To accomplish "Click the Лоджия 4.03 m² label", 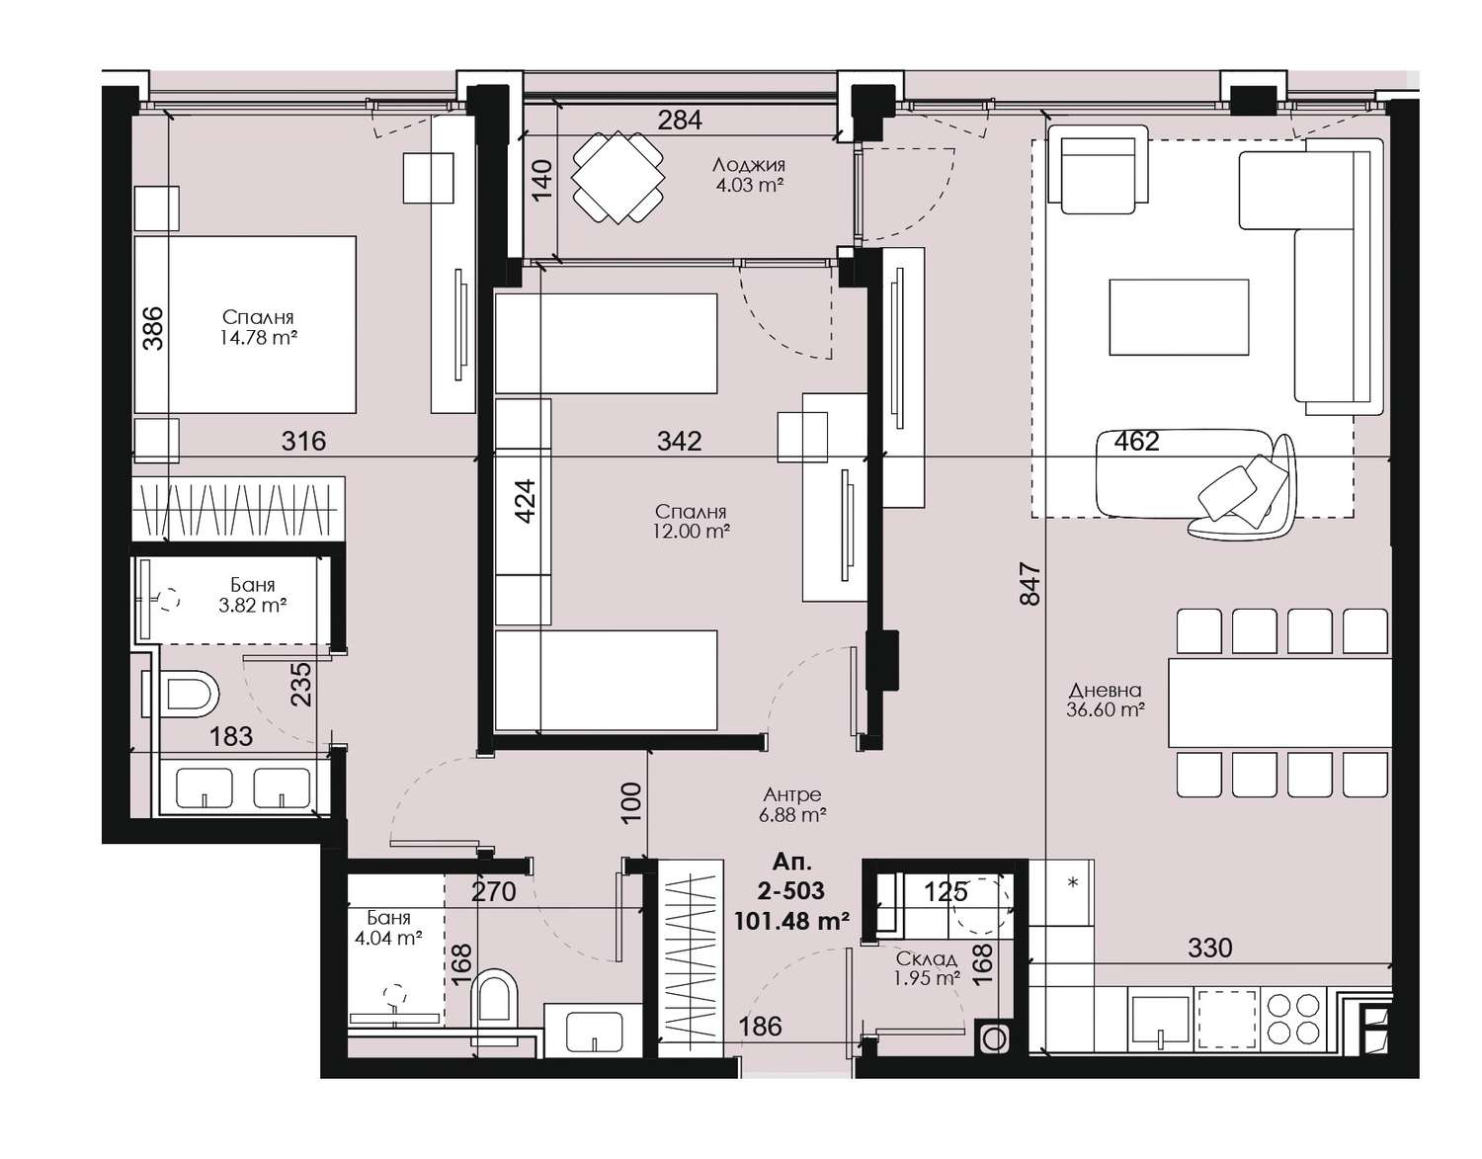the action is click(748, 175).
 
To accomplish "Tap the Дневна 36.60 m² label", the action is click(1106, 701).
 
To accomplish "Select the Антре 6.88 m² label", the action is click(792, 804).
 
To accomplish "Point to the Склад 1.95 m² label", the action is click(927, 968).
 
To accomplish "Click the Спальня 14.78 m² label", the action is click(259, 327).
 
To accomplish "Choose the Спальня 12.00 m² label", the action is click(691, 522).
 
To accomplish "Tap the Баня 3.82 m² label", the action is click(252, 595).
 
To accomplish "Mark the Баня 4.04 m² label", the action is click(388, 928).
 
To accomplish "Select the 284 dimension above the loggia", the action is click(680, 120).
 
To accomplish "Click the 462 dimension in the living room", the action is click(1136, 442).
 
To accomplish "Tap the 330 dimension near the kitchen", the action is click(1210, 948).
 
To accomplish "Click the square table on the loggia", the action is click(617, 177).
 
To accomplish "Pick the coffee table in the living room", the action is click(1180, 317).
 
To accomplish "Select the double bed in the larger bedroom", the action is click(246, 324).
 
